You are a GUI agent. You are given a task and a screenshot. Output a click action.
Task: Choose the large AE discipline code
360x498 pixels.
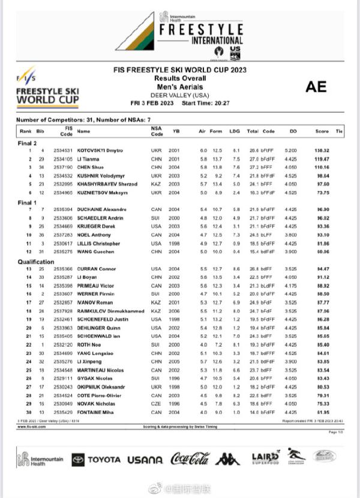(316, 86)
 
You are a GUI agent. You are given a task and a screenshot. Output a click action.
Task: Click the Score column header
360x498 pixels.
(322, 130)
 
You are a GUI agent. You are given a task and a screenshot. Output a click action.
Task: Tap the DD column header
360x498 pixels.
(293, 130)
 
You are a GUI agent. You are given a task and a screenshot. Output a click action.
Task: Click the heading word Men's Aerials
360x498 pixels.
(180, 86)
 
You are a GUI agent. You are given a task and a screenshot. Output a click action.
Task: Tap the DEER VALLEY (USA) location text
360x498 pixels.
(180, 95)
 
